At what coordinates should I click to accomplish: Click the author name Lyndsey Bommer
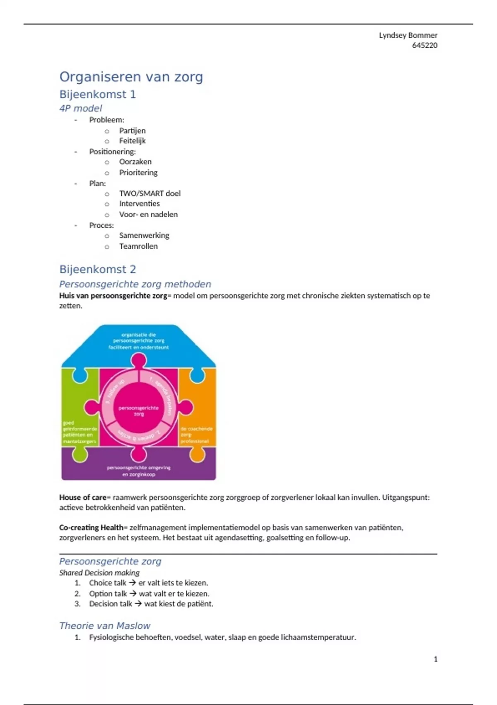pyautogui.click(x=408, y=35)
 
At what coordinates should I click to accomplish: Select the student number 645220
pyautogui.click(x=425, y=45)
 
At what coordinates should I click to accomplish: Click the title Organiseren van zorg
pyautogui.click(x=131, y=77)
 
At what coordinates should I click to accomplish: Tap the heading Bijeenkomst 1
pyautogui.click(x=97, y=95)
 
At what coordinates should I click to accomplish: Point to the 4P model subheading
pyautogui.click(x=80, y=108)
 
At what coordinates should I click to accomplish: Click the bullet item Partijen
pyautogui.click(x=132, y=131)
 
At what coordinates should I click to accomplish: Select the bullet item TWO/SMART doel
pyautogui.click(x=150, y=193)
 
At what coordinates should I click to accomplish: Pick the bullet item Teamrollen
pyautogui.click(x=138, y=246)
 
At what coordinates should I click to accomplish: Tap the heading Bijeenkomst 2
pyautogui.click(x=97, y=270)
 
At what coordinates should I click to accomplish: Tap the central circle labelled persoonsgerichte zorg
pyautogui.click(x=139, y=411)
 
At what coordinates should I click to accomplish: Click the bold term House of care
pyautogui.click(x=82, y=497)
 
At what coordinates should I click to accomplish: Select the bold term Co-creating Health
pyautogui.click(x=91, y=528)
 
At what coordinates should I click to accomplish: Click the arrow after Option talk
pyautogui.click(x=133, y=593)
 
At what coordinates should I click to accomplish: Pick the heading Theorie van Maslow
pyautogui.click(x=104, y=626)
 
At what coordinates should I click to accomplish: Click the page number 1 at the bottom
pyautogui.click(x=435, y=659)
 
